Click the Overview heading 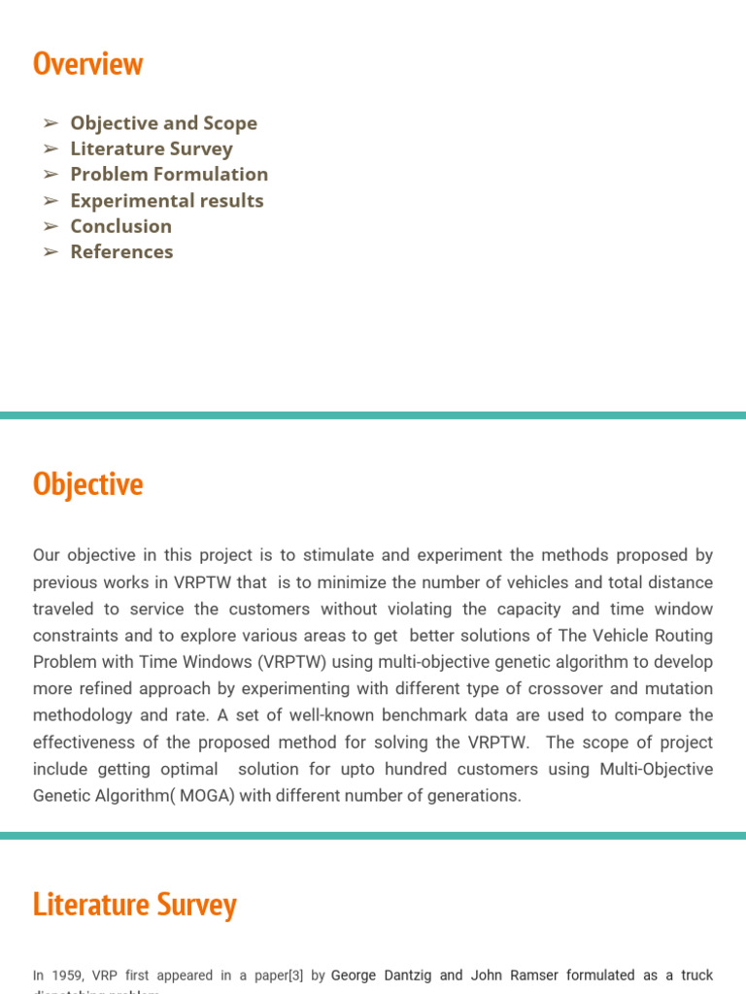[87, 64]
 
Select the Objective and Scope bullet [163, 123]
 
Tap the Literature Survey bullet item [152, 149]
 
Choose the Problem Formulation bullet [169, 175]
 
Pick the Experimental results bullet [167, 201]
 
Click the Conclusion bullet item [120, 226]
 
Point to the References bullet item [121, 251]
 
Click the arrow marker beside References [51, 251]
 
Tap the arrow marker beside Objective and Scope [51, 123]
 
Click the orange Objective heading [87, 484]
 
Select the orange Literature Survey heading [134, 905]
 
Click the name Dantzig [401, 975]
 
